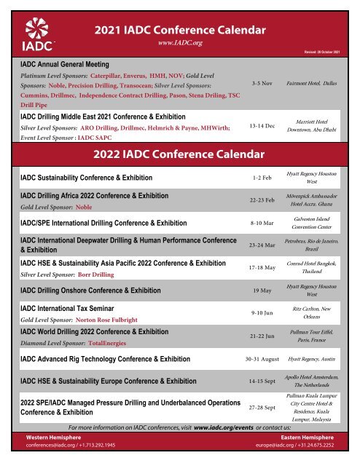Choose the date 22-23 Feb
click(x=262, y=200)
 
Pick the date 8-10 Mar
click(x=262, y=223)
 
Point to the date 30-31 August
click(x=262, y=359)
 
